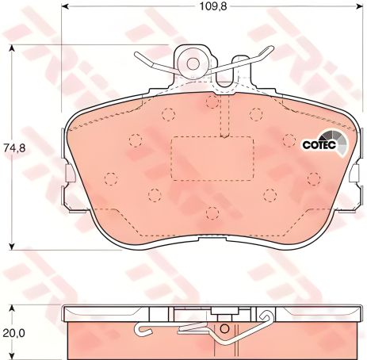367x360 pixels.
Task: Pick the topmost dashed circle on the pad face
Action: pos(211,101)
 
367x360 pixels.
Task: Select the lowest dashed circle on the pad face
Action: pos(212,213)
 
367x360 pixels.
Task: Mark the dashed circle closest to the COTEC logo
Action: pos(288,140)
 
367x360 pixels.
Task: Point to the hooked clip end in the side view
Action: pos(139,330)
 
